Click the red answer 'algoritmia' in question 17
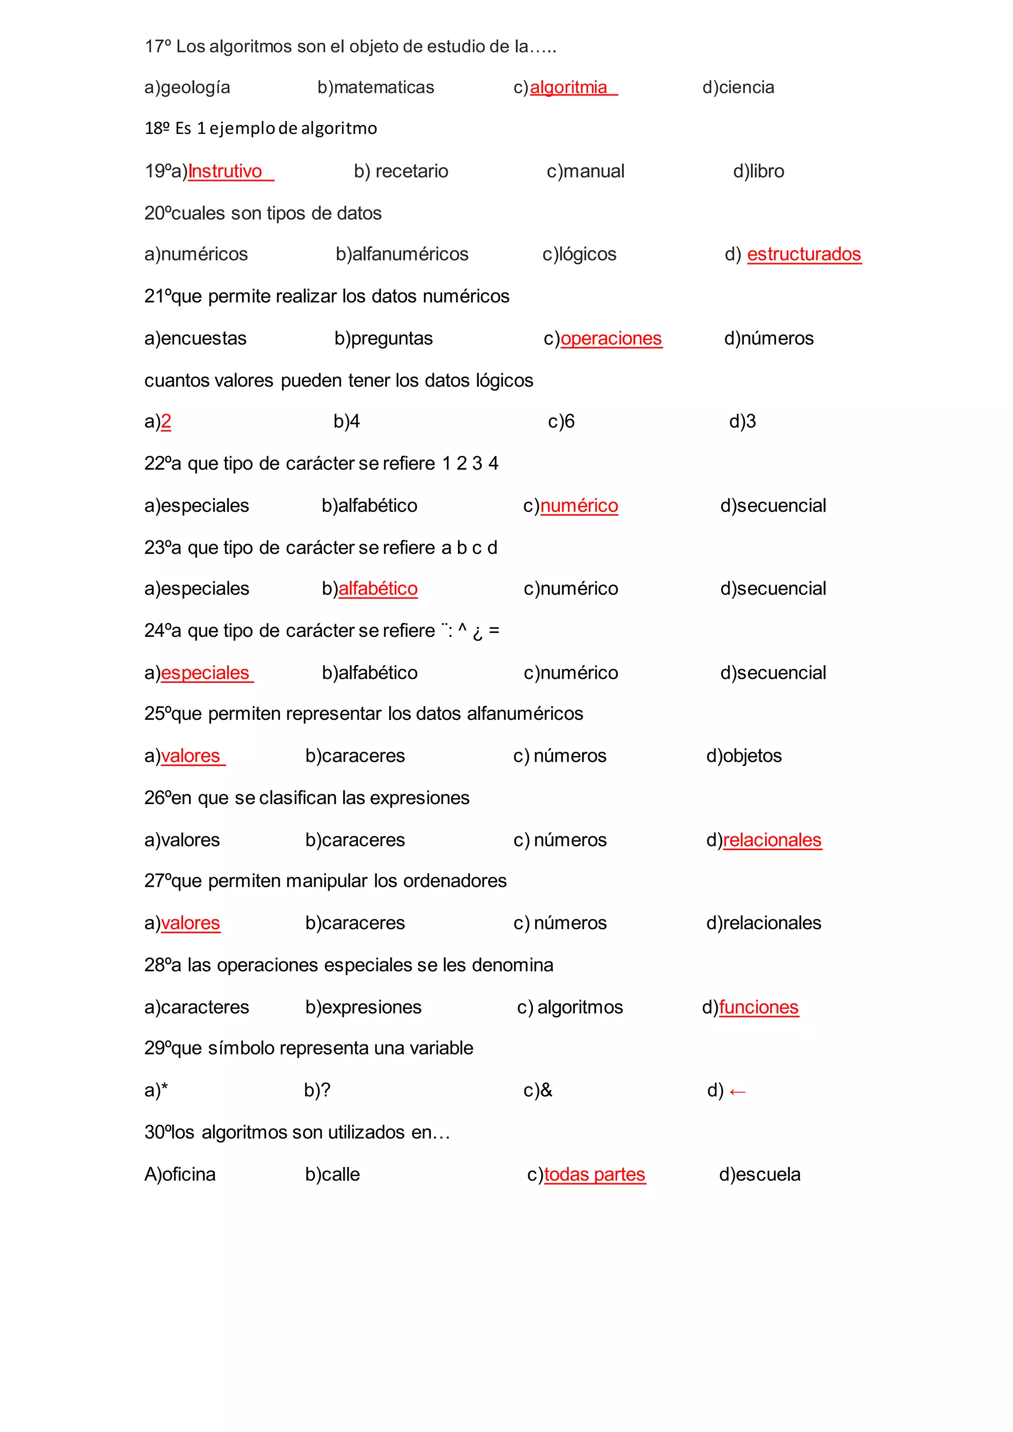[568, 88]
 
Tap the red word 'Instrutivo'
[225, 171]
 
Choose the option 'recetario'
[411, 171]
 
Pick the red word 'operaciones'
[611, 339]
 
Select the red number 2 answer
[166, 422]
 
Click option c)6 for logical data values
[561, 422]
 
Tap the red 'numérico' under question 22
[579, 506]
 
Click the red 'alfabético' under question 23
[377, 589]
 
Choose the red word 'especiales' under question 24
[205, 673]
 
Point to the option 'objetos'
[752, 756]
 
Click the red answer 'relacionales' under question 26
[772, 840]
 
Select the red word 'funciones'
[758, 1007]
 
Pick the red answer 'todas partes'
[595, 1174]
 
